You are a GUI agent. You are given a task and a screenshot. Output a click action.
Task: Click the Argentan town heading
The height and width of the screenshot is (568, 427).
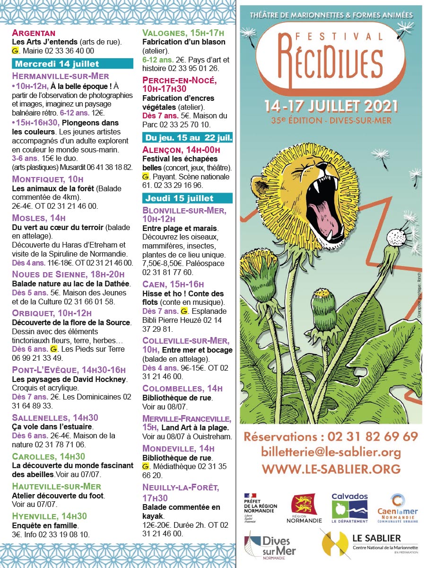point(34,33)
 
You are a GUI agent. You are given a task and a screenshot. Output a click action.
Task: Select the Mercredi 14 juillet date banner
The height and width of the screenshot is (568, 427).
point(72,64)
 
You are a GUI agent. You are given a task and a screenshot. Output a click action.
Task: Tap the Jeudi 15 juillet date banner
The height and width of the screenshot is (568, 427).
point(187,198)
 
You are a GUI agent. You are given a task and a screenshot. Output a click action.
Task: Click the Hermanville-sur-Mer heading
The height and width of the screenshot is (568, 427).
point(61,76)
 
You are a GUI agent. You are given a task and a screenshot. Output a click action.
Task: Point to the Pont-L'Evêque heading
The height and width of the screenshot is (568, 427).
point(69,370)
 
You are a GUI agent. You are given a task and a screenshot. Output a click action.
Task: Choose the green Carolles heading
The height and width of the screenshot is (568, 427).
point(48,456)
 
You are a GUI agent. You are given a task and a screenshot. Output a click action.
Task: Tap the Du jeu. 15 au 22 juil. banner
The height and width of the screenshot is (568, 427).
point(187,138)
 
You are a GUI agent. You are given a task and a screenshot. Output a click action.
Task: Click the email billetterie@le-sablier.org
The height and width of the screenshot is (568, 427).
point(331,452)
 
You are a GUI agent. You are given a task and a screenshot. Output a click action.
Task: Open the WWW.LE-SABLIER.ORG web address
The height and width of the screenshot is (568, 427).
point(331,469)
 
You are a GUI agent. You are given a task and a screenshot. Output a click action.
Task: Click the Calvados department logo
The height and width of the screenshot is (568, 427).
point(349,507)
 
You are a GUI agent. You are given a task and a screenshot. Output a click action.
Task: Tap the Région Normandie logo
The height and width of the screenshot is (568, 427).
point(304,508)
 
